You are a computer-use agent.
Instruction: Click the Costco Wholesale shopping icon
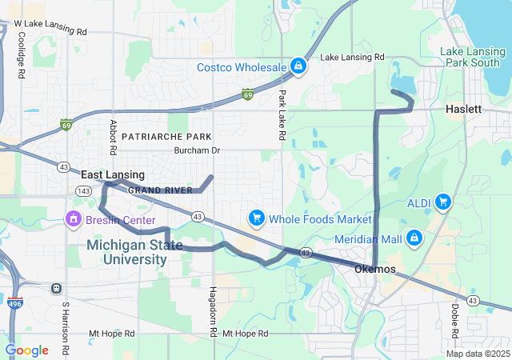point(298,66)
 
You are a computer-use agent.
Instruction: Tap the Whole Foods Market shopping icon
point(256,218)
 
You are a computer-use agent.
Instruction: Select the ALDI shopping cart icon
point(442,203)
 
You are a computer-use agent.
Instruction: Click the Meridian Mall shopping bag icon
point(414,238)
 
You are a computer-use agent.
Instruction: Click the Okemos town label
point(374,269)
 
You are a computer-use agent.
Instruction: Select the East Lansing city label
point(113,174)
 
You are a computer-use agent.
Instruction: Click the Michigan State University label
point(134,252)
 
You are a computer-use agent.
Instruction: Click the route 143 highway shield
point(82,190)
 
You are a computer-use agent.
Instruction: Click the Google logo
point(27,350)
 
